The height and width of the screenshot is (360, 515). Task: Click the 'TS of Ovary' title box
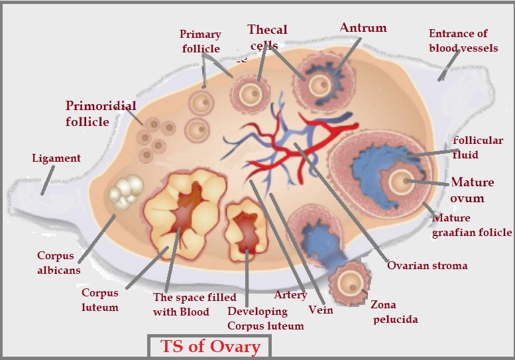coord(208,346)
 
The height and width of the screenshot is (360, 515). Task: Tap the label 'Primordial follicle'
coord(101,113)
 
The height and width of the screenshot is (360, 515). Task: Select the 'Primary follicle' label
coord(200,40)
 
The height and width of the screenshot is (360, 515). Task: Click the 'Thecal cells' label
coord(267,36)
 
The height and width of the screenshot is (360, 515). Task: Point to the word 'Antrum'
coord(363,28)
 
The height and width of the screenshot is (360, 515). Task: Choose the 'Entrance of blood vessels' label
coord(459,40)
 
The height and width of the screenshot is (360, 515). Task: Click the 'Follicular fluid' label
coord(477,147)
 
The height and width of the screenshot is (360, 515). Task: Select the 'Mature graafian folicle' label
coord(472,225)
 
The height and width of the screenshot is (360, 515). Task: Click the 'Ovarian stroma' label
coord(428,266)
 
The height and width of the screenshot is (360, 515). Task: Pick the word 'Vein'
coord(321,310)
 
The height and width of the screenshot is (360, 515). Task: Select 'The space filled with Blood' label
coord(181,305)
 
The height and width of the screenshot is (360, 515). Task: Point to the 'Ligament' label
coord(56,158)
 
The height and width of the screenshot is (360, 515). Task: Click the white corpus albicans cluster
coord(125,192)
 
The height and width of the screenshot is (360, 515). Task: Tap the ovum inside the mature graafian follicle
coord(401,181)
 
